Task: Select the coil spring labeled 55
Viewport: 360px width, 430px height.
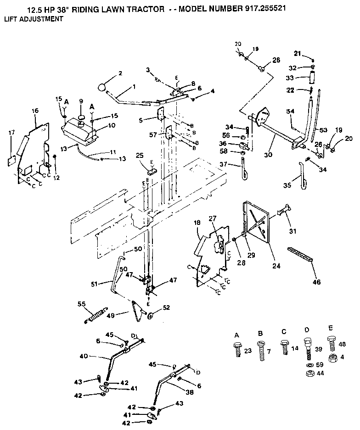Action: pyautogui.click(x=96, y=316)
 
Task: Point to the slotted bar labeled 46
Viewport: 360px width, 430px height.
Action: pyautogui.click(x=301, y=254)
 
